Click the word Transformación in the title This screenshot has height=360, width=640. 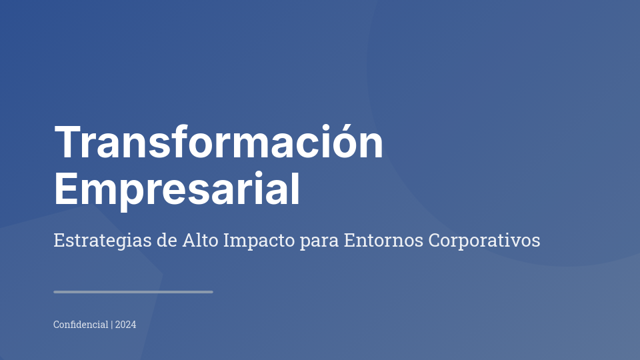tap(219, 143)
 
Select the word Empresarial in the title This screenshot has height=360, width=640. tap(177, 189)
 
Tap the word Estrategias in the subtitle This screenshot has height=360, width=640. tap(103, 241)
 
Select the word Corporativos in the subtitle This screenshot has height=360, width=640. tap(484, 241)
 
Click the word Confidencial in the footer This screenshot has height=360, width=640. tap(81, 325)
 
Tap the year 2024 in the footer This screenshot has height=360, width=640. tap(125, 325)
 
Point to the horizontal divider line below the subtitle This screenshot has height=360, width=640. tap(133, 292)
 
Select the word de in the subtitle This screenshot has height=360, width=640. tap(167, 240)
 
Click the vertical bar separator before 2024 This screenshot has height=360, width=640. tap(111, 325)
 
